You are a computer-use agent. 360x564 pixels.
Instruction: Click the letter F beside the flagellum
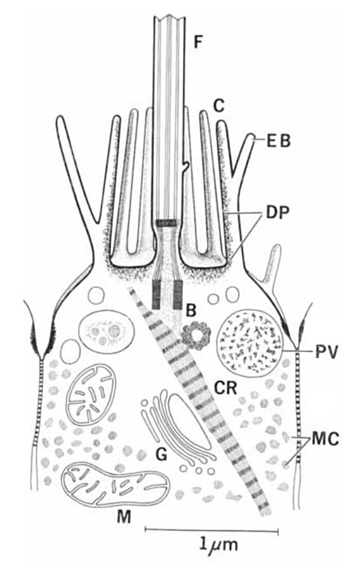[x=198, y=41]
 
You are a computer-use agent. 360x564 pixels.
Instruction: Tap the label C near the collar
[x=218, y=106]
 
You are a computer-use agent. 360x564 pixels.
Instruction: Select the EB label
[x=278, y=141]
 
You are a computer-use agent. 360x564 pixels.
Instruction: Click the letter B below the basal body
[x=191, y=310]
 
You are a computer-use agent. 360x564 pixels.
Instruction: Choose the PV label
[x=327, y=353]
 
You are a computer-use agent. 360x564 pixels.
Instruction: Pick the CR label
[x=225, y=388]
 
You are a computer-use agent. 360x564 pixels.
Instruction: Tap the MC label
[x=325, y=439]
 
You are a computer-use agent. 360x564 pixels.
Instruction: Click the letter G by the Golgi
[x=162, y=455]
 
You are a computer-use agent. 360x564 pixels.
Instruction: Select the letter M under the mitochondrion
[x=123, y=517]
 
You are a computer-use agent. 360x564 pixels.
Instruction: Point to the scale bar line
[x=211, y=530]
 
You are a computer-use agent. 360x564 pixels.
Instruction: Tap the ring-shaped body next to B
[x=195, y=336]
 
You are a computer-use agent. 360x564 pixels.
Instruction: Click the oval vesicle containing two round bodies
[x=107, y=330]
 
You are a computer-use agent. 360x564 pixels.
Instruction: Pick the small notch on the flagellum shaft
[x=186, y=166]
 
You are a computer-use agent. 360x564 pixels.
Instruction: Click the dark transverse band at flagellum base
[x=166, y=223]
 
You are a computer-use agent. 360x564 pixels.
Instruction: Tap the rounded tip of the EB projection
[x=253, y=136]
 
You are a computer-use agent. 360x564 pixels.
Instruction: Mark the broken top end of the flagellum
[x=169, y=17]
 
